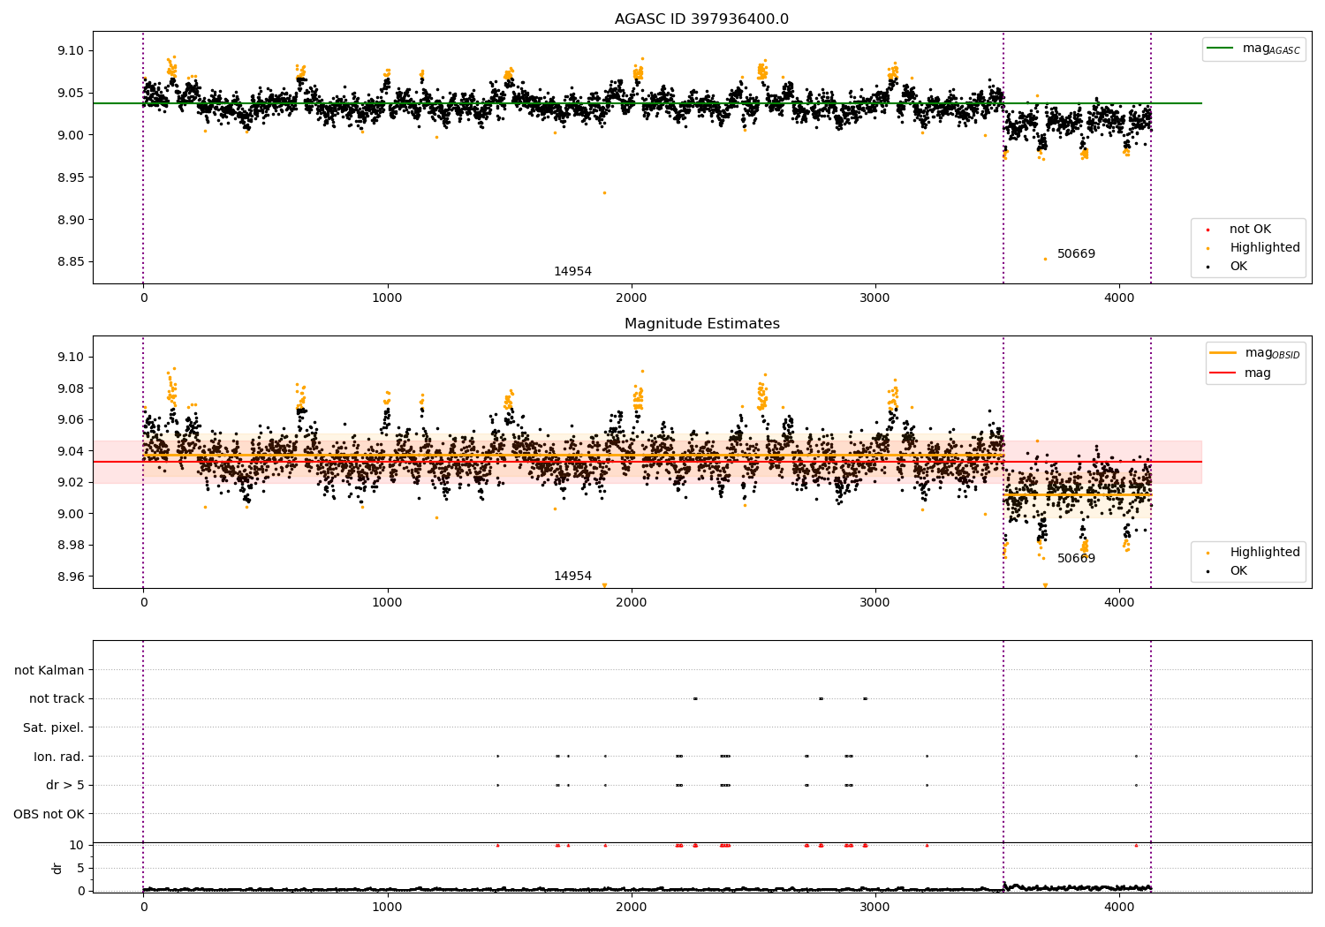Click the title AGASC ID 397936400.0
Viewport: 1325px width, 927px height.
click(x=701, y=19)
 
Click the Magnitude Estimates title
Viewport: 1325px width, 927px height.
click(x=702, y=323)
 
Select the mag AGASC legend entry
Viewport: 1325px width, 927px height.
click(x=1253, y=49)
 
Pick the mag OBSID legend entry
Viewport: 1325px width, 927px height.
click(x=1254, y=353)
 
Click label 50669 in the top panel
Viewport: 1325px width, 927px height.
click(x=1076, y=253)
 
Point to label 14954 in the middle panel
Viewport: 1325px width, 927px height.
click(x=572, y=576)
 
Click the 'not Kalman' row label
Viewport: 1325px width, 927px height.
click(x=49, y=670)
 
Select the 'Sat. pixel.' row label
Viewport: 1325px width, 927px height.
click(x=53, y=727)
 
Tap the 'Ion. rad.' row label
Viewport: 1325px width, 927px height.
click(x=58, y=757)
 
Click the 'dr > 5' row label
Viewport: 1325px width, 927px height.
click(x=65, y=785)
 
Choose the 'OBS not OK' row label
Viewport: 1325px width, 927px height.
click(x=49, y=814)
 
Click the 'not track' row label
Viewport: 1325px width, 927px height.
click(x=57, y=699)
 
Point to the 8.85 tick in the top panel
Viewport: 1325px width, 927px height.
click(x=71, y=262)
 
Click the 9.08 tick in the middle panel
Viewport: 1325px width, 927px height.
click(x=71, y=388)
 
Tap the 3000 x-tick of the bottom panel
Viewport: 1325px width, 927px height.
click(x=874, y=907)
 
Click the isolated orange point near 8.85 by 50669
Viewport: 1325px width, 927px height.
click(x=1045, y=259)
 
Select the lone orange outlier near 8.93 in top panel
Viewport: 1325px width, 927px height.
click(x=604, y=192)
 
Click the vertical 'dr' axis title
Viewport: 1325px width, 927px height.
click(x=57, y=868)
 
